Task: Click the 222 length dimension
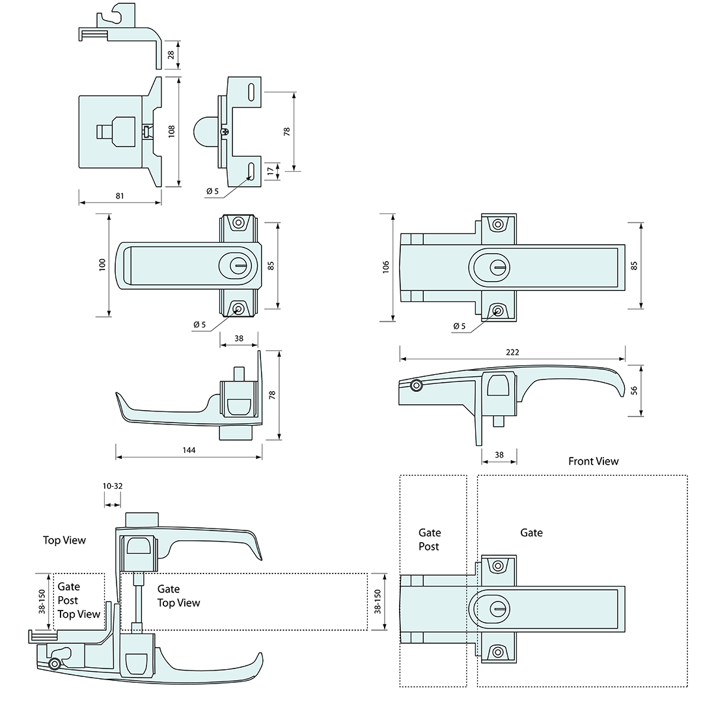coord(512,352)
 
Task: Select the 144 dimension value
coord(189,450)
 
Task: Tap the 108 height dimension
coord(172,131)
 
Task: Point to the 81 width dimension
coord(120,195)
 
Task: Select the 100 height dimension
coord(102,265)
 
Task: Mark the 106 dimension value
coord(386,266)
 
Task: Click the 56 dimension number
coord(634,391)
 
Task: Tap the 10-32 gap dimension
coord(112,486)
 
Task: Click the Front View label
coord(593,461)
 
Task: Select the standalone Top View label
coord(64,540)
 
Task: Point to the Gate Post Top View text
coord(79,600)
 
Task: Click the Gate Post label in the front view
coord(430,540)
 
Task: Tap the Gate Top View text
coord(178,596)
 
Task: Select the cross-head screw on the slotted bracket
coord(225,132)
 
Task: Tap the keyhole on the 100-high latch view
coord(237,266)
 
